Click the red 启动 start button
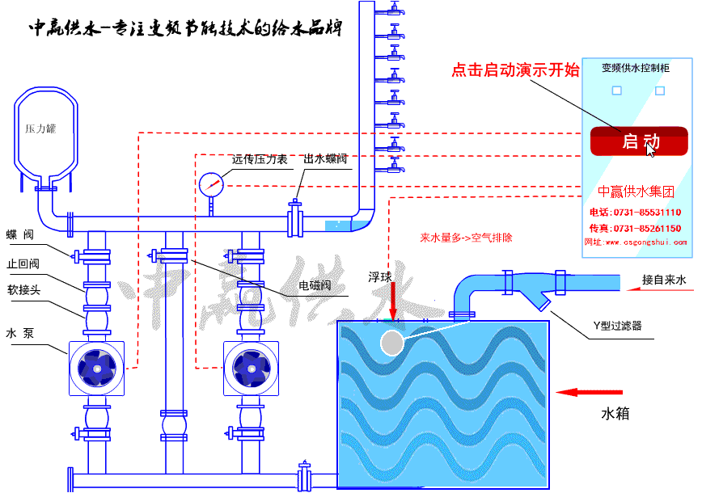click(x=639, y=141)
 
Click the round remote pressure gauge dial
click(x=210, y=184)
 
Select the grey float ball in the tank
click(x=391, y=343)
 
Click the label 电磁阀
click(x=315, y=285)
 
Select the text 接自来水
click(x=664, y=280)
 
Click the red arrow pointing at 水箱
click(x=578, y=393)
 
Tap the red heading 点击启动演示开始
click(x=515, y=70)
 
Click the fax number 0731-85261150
click(x=645, y=229)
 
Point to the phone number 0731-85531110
click(x=645, y=213)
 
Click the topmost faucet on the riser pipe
click(x=394, y=10)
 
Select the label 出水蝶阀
click(x=325, y=159)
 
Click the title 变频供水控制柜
click(x=636, y=69)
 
